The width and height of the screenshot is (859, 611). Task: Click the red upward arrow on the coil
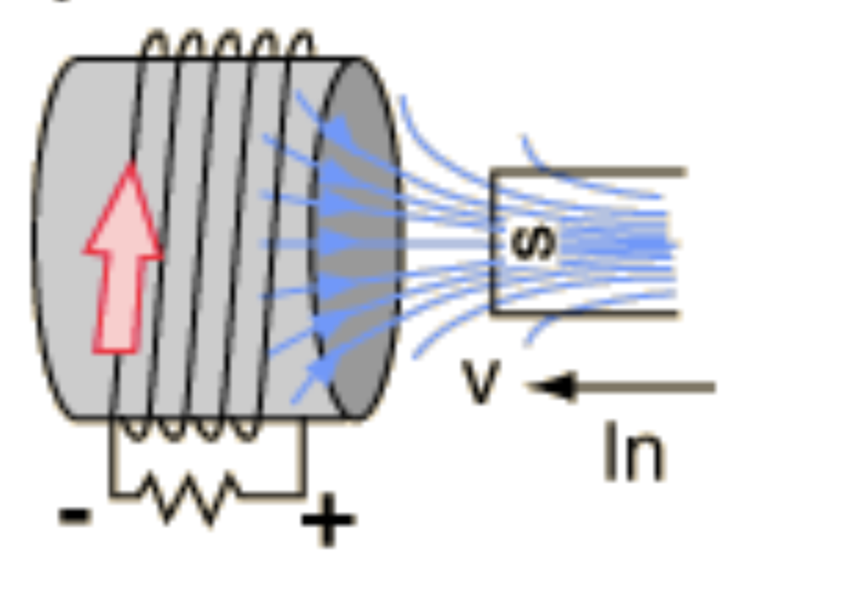124,261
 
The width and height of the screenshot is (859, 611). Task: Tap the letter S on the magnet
533,241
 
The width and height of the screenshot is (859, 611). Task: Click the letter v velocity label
481,382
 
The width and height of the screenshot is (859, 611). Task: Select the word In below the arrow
633,453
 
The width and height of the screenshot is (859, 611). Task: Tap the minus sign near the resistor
75,515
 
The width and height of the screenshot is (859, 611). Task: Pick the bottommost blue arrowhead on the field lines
318,372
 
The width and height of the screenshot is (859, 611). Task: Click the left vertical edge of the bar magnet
493,241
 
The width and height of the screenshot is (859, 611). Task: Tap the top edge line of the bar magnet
589,172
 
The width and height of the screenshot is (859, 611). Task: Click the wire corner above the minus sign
112,493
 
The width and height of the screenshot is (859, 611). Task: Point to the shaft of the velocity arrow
644,387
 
